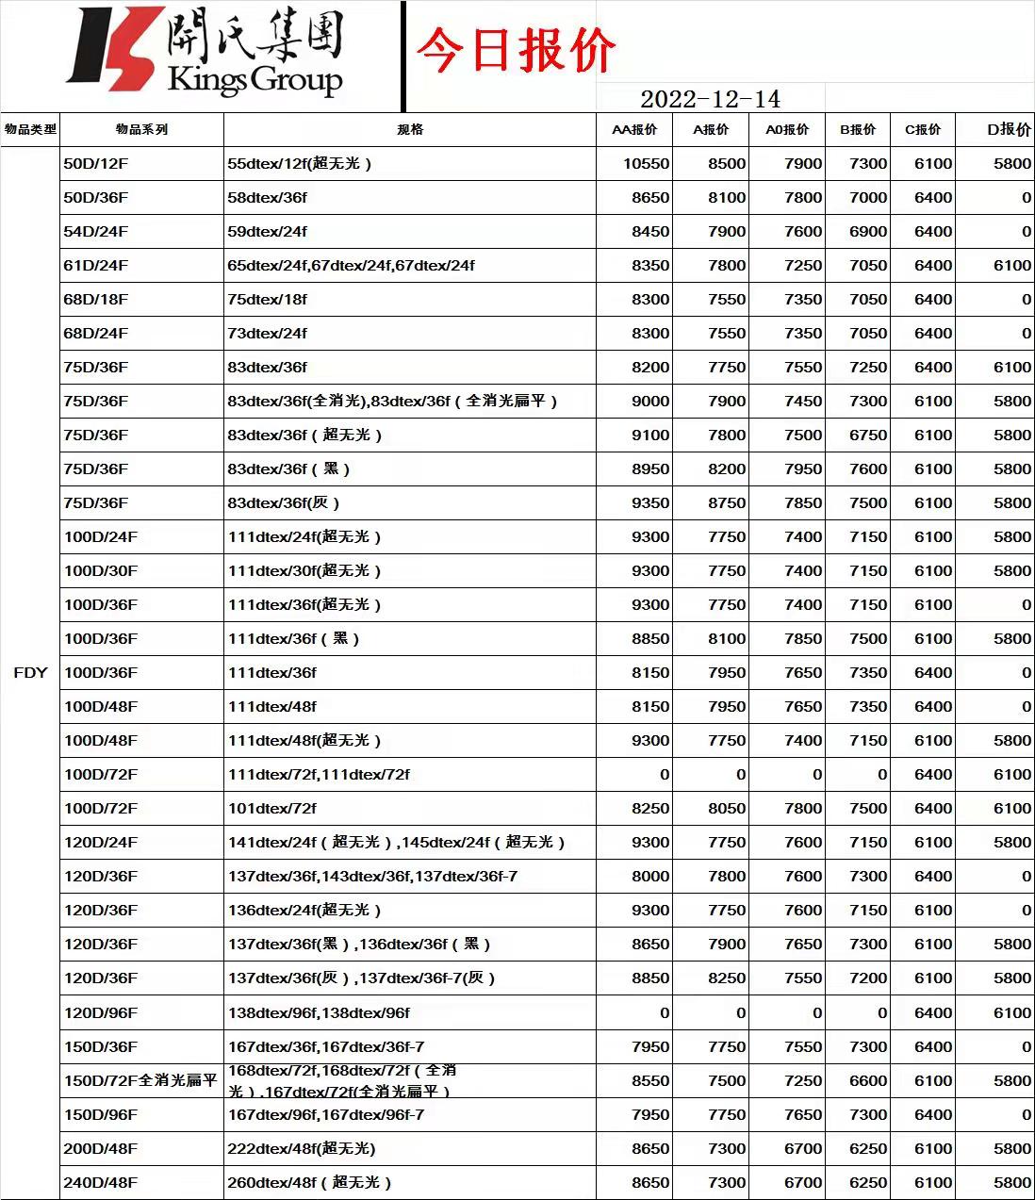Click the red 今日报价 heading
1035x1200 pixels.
pyautogui.click(x=516, y=50)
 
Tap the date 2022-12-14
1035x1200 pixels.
pyautogui.click(x=710, y=99)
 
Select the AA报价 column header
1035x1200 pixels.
pyautogui.click(x=634, y=129)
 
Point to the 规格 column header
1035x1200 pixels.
pyautogui.click(x=410, y=129)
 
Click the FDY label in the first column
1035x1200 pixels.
pyautogui.click(x=30, y=672)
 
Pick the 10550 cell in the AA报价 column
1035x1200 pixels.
pyautogui.click(x=646, y=163)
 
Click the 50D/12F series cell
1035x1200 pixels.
pyautogui.click(x=96, y=163)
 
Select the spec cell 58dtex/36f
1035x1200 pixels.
pyautogui.click(x=267, y=197)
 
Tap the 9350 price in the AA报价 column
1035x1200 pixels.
pyautogui.click(x=650, y=502)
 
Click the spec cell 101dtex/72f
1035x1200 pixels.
pyautogui.click(x=271, y=808)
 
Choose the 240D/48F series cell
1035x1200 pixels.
pyautogui.click(x=100, y=1182)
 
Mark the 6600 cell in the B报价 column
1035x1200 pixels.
pyautogui.click(x=867, y=1080)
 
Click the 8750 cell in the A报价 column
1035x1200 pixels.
pyautogui.click(x=727, y=502)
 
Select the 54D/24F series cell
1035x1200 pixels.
pyautogui.click(x=96, y=231)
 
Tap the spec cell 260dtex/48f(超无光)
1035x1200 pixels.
pyautogui.click(x=309, y=1182)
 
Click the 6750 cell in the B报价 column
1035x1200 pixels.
pyautogui.click(x=867, y=435)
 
